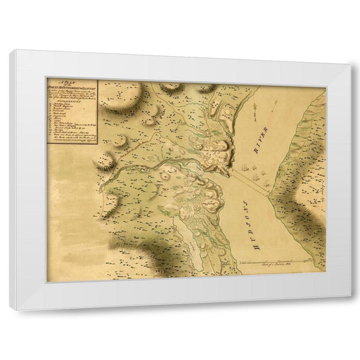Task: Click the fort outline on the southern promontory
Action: click(203, 196)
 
